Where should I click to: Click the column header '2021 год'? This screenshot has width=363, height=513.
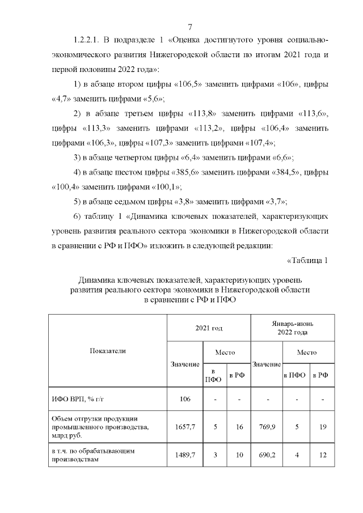click(x=208, y=328)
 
